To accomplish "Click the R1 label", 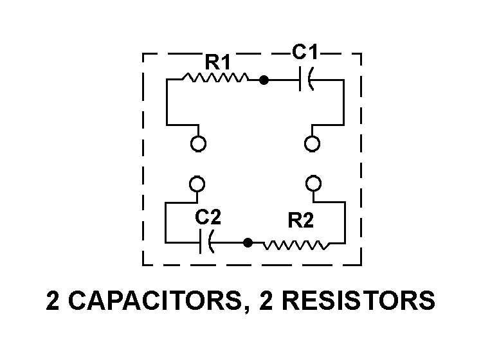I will point(218,62).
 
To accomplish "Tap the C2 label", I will point(208,217).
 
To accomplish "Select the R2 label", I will point(300,221).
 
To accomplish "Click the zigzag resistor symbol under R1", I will point(216,79).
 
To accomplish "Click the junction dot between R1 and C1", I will point(263,80).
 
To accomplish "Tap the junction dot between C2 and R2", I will point(248,244).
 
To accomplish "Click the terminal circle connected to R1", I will point(199,143).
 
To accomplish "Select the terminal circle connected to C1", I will point(312,143).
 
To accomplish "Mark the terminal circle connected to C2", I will point(198,184).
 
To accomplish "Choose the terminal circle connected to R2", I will point(313,184).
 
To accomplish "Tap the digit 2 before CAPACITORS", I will point(53,301).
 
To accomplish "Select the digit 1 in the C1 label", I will point(315,53).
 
